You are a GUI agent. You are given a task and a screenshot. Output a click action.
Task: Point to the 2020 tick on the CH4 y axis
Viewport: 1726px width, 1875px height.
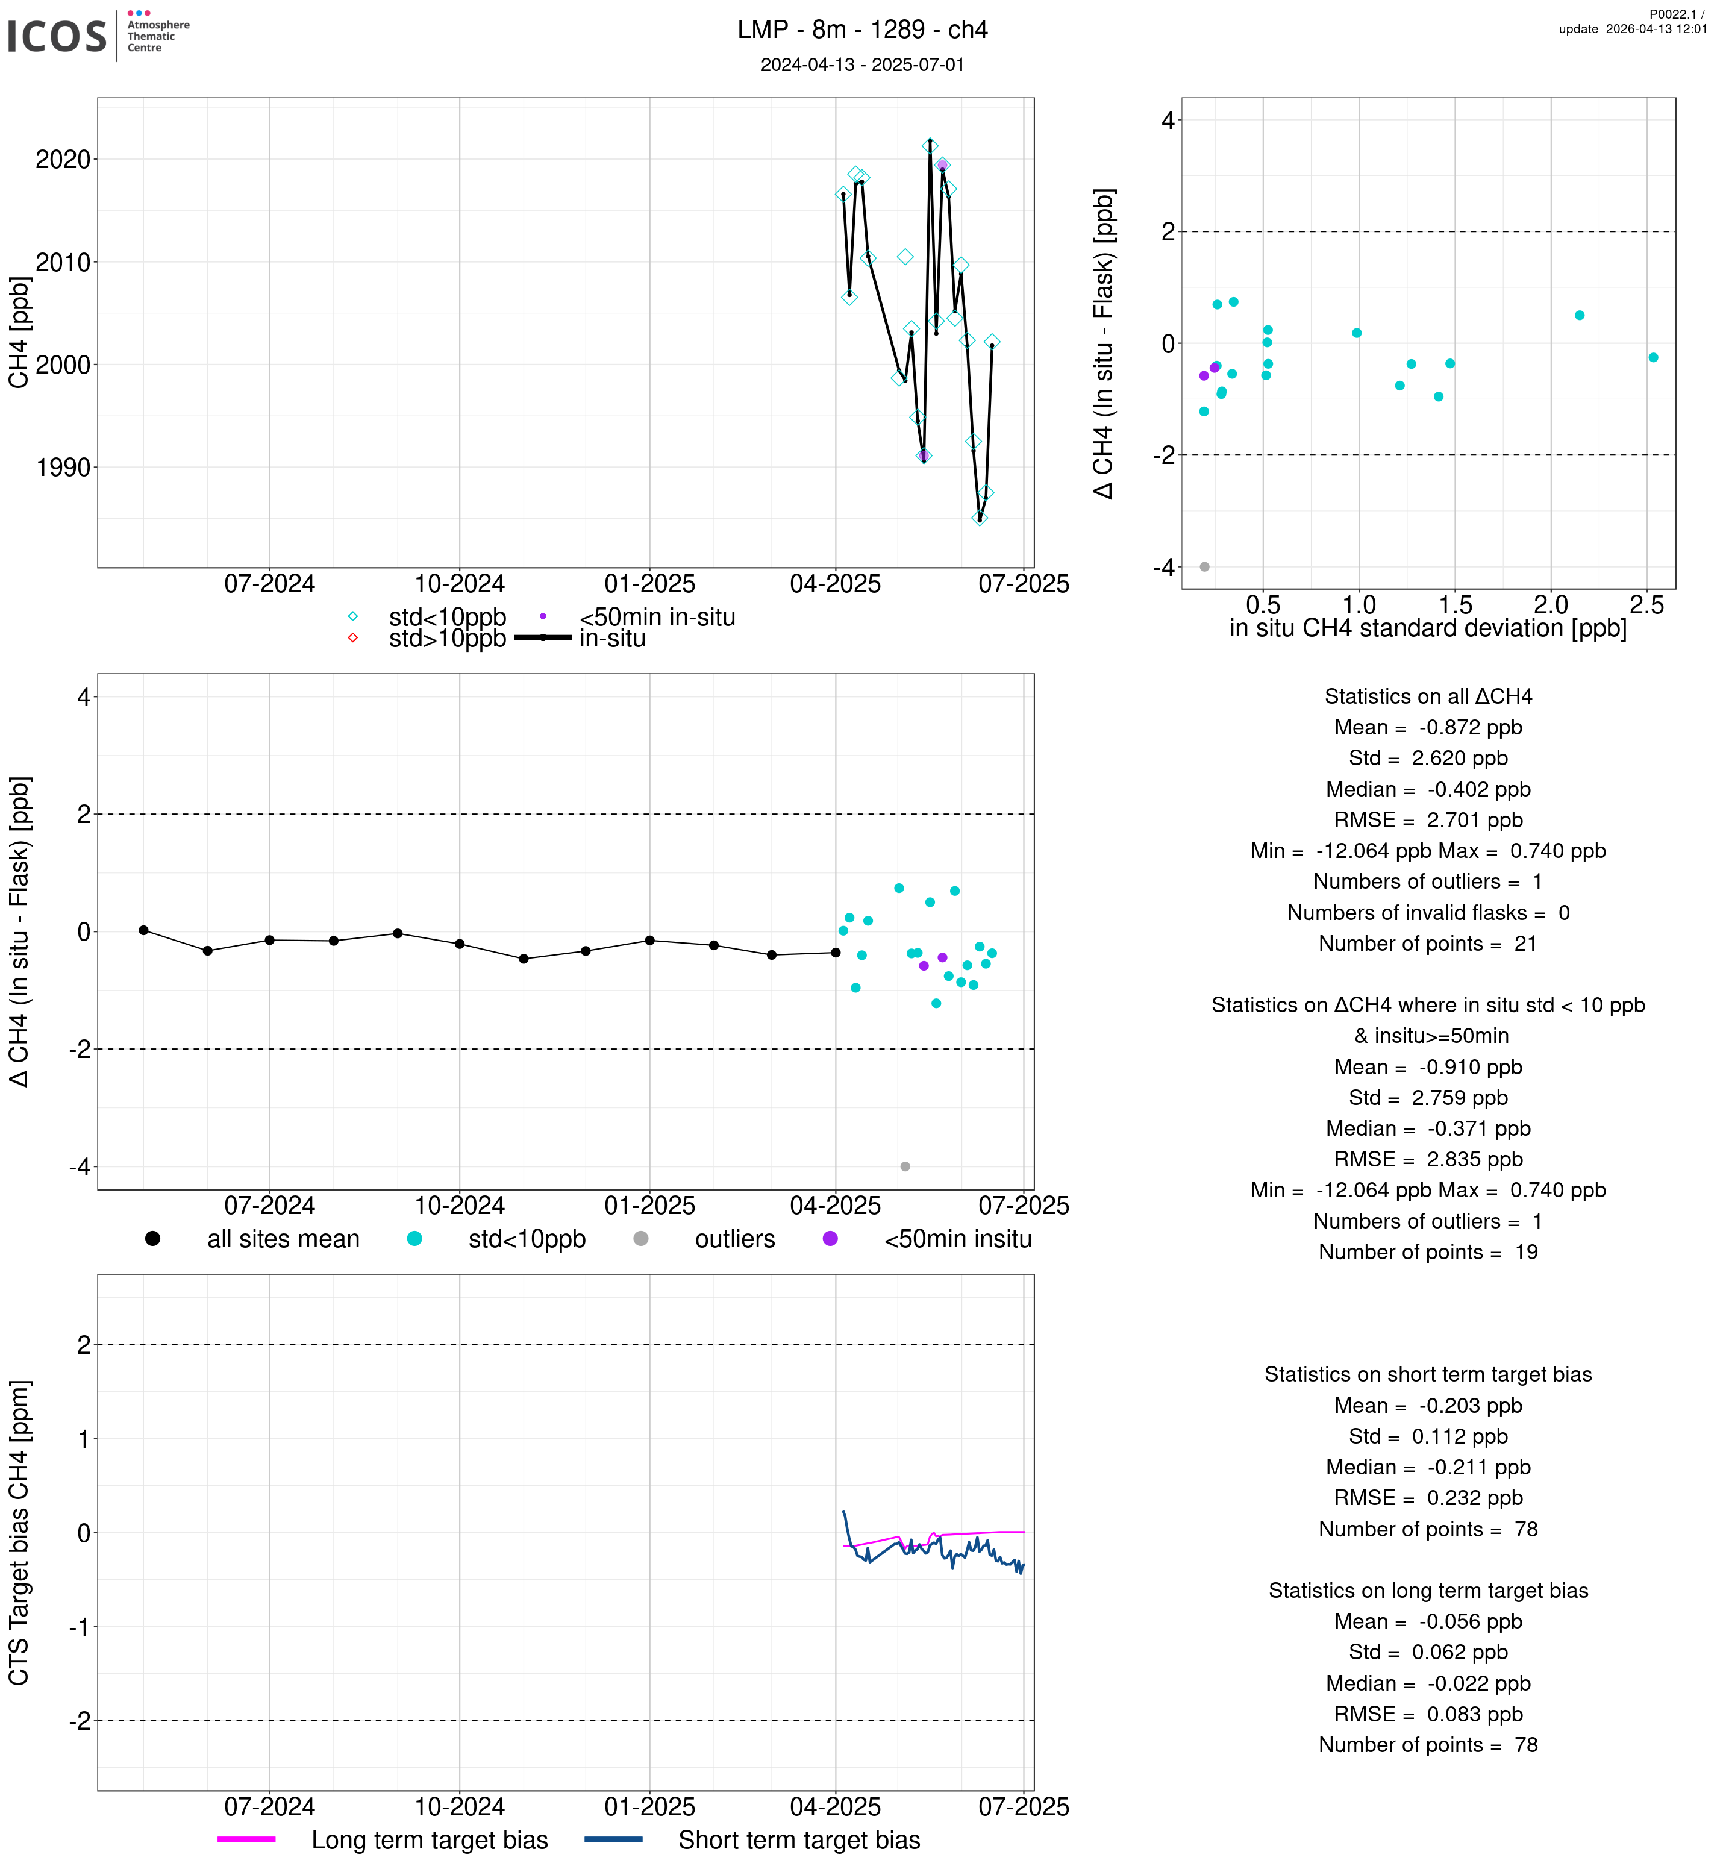63,160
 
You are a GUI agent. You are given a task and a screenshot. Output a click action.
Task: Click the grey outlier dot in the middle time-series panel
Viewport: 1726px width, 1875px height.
904,1167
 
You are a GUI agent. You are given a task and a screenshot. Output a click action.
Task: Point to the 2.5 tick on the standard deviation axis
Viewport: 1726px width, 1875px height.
1646,606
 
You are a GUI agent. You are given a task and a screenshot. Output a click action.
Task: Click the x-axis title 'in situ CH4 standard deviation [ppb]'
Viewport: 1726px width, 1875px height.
1427,629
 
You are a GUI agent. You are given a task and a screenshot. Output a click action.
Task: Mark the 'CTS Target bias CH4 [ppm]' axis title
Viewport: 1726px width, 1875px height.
19,1532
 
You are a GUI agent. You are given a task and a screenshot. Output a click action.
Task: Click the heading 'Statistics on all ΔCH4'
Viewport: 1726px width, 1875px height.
1427,697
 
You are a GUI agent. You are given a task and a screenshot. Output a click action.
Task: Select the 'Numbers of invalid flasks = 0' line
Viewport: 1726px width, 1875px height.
1427,913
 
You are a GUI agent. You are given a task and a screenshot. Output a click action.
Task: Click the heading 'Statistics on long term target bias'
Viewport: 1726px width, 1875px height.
1427,1591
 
